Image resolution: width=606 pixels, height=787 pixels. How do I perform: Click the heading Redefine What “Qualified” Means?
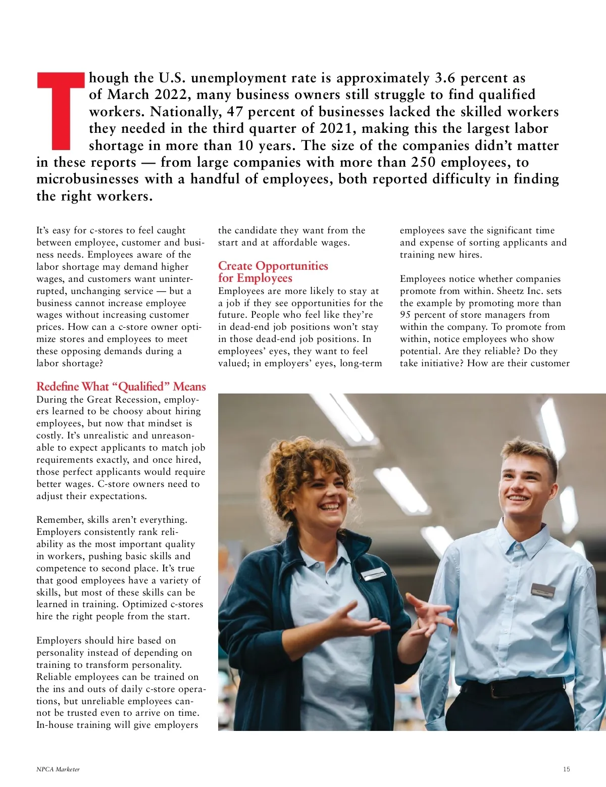121,386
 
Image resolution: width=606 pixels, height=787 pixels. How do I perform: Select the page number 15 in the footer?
566,769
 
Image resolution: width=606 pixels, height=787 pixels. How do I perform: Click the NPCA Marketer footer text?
58,769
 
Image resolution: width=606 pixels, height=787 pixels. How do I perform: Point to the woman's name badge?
374,574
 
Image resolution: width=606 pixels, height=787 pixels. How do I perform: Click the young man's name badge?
543,591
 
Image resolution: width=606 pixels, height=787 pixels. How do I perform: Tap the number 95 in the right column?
406,315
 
